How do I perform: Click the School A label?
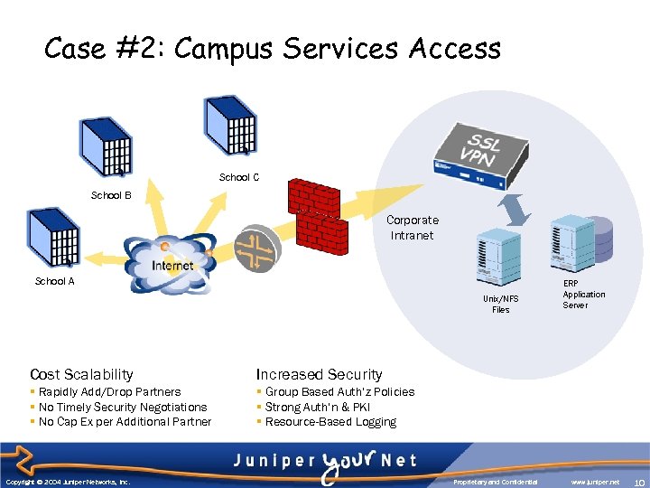[x=54, y=281]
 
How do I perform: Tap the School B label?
[x=111, y=195]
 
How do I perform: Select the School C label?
[x=239, y=177]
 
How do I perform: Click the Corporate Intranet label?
[x=413, y=228]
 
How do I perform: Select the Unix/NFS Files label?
[x=500, y=305]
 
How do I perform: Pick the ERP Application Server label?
[x=583, y=295]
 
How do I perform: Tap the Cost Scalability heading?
[x=81, y=374]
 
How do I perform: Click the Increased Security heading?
[x=319, y=374]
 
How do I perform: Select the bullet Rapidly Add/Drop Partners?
[x=109, y=392]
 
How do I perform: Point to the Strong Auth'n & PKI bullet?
[x=318, y=407]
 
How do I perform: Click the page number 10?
[x=637, y=482]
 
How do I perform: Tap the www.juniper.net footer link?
[x=595, y=482]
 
